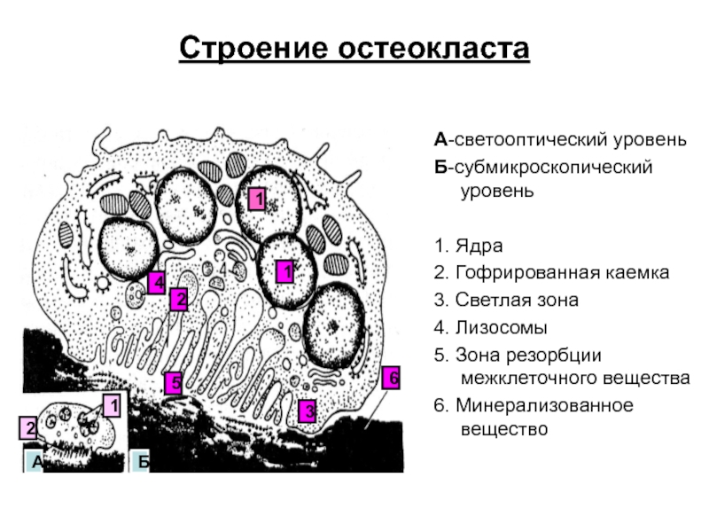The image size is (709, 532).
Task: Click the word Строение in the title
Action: click(253, 48)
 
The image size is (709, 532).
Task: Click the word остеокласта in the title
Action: click(433, 49)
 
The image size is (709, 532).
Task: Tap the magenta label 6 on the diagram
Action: click(391, 378)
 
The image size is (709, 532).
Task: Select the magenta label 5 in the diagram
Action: click(174, 383)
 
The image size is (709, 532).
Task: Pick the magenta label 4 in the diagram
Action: click(157, 283)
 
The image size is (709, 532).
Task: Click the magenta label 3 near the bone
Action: click(307, 411)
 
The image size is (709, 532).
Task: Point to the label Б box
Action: click(140, 461)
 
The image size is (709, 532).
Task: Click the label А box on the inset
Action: click(34, 461)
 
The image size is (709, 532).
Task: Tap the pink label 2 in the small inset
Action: click(28, 428)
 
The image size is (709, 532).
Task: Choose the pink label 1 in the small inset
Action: click(112, 405)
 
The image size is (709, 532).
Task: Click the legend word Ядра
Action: click(479, 246)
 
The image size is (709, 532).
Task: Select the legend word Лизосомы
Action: click(501, 327)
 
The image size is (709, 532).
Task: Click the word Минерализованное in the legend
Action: click(544, 405)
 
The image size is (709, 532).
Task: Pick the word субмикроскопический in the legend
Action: click(553, 168)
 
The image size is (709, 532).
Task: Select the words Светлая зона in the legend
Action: click(517, 301)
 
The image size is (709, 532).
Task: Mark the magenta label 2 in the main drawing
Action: click(179, 300)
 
